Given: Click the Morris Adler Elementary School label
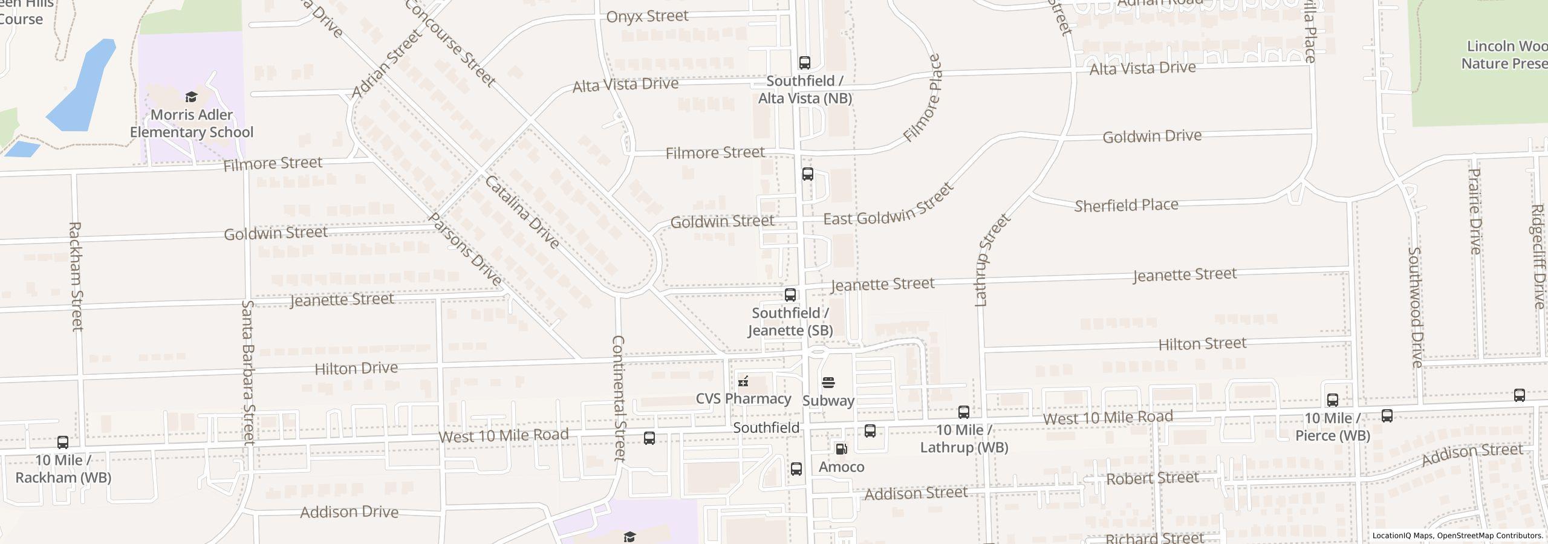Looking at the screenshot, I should coord(192,123).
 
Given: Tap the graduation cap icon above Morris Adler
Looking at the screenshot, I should coord(191,97).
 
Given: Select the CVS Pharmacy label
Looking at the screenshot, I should coord(743,398).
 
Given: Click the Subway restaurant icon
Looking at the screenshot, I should coord(828,382).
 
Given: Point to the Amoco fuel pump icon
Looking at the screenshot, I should coord(841,449).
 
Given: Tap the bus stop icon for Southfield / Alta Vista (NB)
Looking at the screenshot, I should coord(804,62).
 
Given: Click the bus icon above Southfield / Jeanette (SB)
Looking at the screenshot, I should coord(790,295).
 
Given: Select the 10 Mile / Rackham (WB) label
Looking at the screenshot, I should coord(63,468).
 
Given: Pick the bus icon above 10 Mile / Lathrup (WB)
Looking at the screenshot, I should coord(964,412).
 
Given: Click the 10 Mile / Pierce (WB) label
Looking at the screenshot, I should coord(1332,426).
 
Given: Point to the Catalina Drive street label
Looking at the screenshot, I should coord(522,212).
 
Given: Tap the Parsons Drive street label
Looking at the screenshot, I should coord(465,249).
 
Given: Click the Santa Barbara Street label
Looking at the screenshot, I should coord(249,372).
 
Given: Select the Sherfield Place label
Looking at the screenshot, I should coord(1126,205).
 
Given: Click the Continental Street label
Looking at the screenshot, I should coord(619,399).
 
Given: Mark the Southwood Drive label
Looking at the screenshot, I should coord(1416,307).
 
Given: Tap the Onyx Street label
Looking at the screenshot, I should coord(647,16).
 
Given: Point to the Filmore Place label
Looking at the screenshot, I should coord(923,98).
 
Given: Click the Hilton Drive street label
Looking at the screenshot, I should coord(356,368).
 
